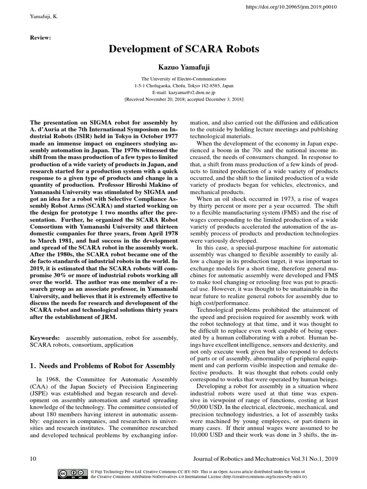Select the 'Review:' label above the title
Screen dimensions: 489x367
[41, 37]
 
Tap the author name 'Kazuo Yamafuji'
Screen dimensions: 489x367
[183, 66]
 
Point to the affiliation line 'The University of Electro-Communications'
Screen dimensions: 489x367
[183, 78]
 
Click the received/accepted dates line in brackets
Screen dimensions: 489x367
[183, 99]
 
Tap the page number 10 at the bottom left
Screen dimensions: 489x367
[33, 458]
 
